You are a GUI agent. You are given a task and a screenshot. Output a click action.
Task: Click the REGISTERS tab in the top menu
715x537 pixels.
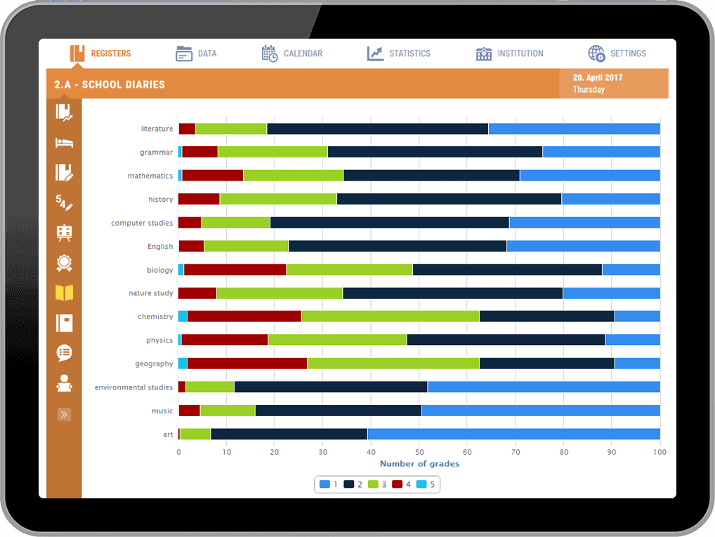click(x=100, y=53)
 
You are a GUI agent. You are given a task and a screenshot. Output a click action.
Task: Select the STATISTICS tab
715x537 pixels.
click(x=399, y=53)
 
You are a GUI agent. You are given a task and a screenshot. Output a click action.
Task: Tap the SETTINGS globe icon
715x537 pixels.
click(x=596, y=53)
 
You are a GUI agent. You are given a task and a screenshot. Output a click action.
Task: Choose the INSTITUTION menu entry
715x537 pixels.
click(x=509, y=53)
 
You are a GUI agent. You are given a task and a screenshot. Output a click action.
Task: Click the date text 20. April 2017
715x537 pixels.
click(x=598, y=78)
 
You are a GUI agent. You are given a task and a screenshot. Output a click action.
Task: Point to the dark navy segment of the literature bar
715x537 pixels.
click(x=377, y=129)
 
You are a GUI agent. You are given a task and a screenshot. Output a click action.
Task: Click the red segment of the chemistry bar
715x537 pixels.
click(x=244, y=316)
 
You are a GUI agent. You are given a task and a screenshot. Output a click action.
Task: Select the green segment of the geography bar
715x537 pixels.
click(x=393, y=363)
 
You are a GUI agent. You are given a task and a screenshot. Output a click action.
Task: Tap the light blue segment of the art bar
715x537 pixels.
click(x=513, y=434)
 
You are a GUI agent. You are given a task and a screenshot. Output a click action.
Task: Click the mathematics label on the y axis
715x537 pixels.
click(x=150, y=176)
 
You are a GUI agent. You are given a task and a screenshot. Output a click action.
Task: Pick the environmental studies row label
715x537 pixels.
click(x=133, y=387)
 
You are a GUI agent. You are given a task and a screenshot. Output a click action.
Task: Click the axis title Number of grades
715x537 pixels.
click(x=419, y=463)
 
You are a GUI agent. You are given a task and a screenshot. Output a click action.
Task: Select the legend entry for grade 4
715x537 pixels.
click(x=402, y=484)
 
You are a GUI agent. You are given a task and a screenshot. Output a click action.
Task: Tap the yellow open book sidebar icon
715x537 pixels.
click(x=64, y=293)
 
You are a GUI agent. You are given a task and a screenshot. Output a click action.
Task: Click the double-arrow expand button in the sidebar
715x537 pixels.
click(x=64, y=415)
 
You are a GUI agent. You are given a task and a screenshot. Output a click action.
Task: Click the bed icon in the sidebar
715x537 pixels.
click(x=64, y=143)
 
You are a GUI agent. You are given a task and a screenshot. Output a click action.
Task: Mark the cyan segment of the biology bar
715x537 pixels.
click(x=181, y=270)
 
